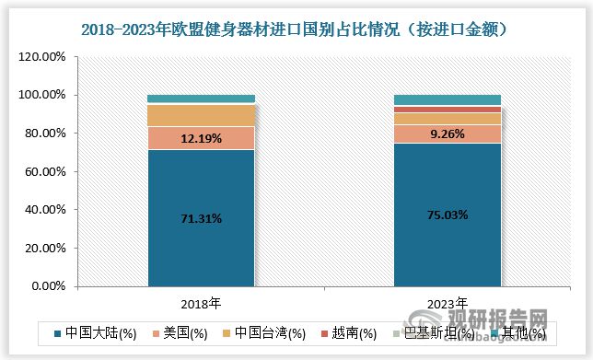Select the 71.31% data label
[x=201, y=218]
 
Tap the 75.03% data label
[x=448, y=215]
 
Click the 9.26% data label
[x=448, y=134]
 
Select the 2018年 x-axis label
[x=201, y=302]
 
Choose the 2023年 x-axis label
[x=448, y=302]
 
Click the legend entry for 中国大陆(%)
[x=96, y=332]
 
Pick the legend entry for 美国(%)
[x=190, y=332]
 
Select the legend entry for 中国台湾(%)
[x=267, y=332]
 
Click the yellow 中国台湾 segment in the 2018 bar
[x=201, y=115]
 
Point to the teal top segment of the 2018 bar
[x=201, y=99]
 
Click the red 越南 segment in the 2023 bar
[x=448, y=110]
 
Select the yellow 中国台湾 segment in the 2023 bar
[x=448, y=119]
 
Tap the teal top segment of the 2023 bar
[x=448, y=99]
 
